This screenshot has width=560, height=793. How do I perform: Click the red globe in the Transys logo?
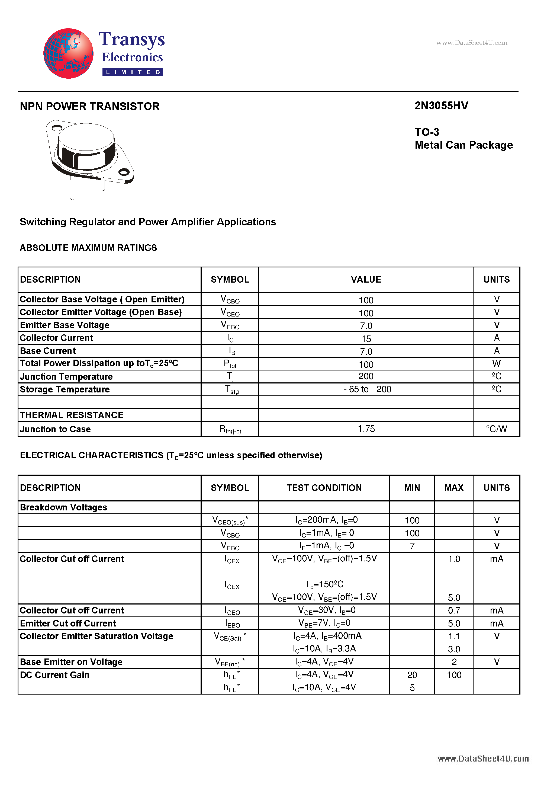coord(68,53)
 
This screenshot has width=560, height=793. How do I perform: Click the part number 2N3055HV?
coord(441,106)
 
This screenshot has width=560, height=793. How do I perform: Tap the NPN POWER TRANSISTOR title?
coord(90,106)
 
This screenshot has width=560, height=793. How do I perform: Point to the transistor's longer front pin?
coord(72,188)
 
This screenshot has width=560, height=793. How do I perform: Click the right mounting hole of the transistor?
coord(124,172)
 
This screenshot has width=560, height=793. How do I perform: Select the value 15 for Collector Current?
coord(366,339)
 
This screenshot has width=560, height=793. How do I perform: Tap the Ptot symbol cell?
coord(230,364)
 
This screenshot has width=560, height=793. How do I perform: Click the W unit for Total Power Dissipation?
coord(496,364)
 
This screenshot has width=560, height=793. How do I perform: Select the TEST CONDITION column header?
coord(324,488)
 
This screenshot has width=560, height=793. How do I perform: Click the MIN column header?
coord(412,488)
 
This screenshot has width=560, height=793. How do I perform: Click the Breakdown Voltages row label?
coord(63,507)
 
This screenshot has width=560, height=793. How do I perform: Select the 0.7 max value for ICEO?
coord(454,610)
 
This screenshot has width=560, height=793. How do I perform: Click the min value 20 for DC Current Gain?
coord(412,675)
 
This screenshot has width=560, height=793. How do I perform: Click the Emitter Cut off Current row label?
coord(68,623)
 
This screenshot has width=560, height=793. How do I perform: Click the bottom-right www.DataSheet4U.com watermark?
coord(483,759)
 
